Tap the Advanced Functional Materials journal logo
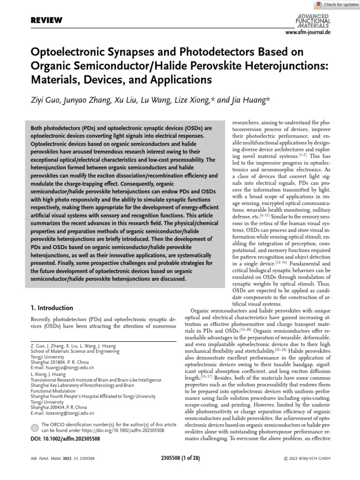[313, 21]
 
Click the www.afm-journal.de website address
[307, 33]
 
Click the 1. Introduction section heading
[52, 308]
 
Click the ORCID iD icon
[35, 428]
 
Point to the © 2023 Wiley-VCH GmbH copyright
[307, 458]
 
